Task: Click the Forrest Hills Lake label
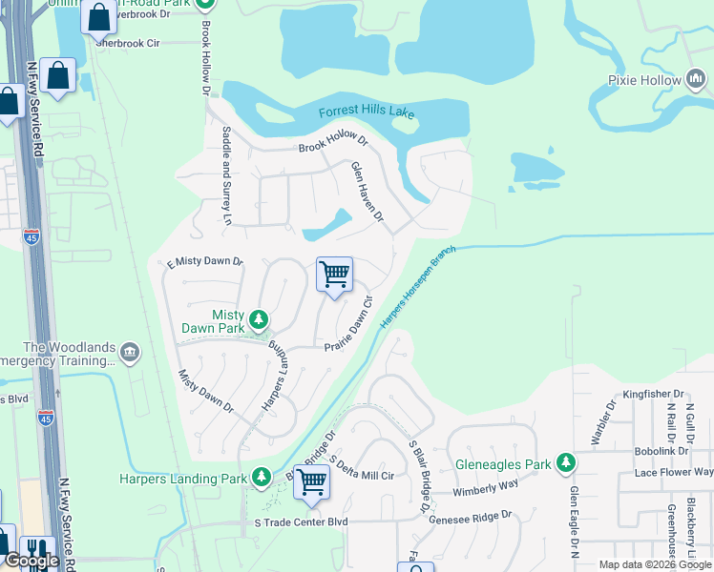pos(367,112)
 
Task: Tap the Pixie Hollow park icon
pos(694,80)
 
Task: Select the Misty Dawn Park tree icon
pos(258,317)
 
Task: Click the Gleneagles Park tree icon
pos(566,463)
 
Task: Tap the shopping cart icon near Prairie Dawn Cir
pos(334,275)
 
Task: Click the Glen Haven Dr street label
pos(367,193)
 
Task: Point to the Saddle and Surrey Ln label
pos(226,174)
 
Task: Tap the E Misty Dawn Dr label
pos(205,262)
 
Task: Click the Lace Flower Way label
pos(674,472)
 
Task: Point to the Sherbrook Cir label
pos(127,43)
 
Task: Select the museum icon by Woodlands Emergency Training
pos(130,354)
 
